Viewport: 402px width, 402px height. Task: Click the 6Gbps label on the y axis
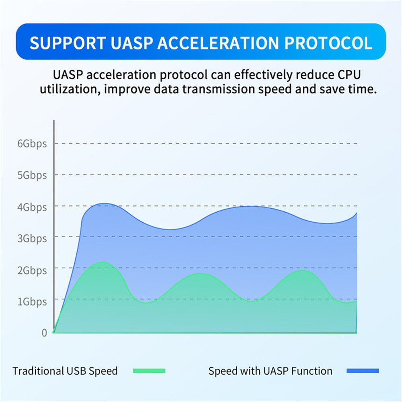coord(32,144)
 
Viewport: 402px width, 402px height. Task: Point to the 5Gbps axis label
coord(32,175)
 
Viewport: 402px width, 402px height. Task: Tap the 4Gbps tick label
coord(32,207)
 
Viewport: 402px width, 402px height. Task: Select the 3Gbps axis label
coord(32,238)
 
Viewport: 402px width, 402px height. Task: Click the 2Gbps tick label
coord(32,270)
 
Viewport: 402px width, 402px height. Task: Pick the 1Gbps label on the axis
coord(32,301)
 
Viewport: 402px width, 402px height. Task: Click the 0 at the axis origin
coord(44,333)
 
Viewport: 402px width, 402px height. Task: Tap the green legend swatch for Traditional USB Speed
coord(149,371)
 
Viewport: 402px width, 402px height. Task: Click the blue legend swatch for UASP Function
coord(363,371)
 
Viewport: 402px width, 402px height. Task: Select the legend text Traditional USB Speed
coord(65,371)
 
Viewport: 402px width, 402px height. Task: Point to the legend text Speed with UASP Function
coord(270,371)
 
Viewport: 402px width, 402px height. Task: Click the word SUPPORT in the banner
coord(66,43)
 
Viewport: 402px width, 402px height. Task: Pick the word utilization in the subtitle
coord(69,89)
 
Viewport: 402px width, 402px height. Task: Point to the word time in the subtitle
coord(360,89)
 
